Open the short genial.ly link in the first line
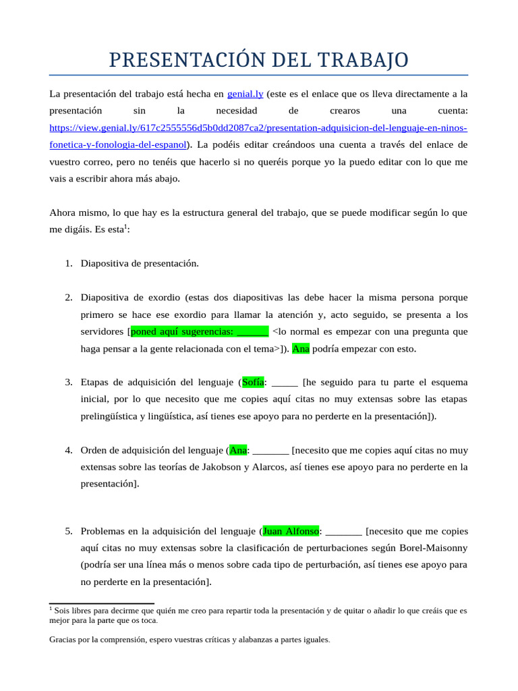245,93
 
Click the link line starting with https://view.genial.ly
258,127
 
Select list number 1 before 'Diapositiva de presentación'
69,263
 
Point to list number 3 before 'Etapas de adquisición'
69,382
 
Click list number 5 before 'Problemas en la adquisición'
69,531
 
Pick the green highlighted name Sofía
253,382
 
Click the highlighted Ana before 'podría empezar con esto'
301,349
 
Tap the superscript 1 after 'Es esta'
125,226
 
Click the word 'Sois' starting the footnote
64,611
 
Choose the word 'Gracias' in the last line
63,639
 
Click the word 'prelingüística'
108,416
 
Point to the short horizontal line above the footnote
102,603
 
